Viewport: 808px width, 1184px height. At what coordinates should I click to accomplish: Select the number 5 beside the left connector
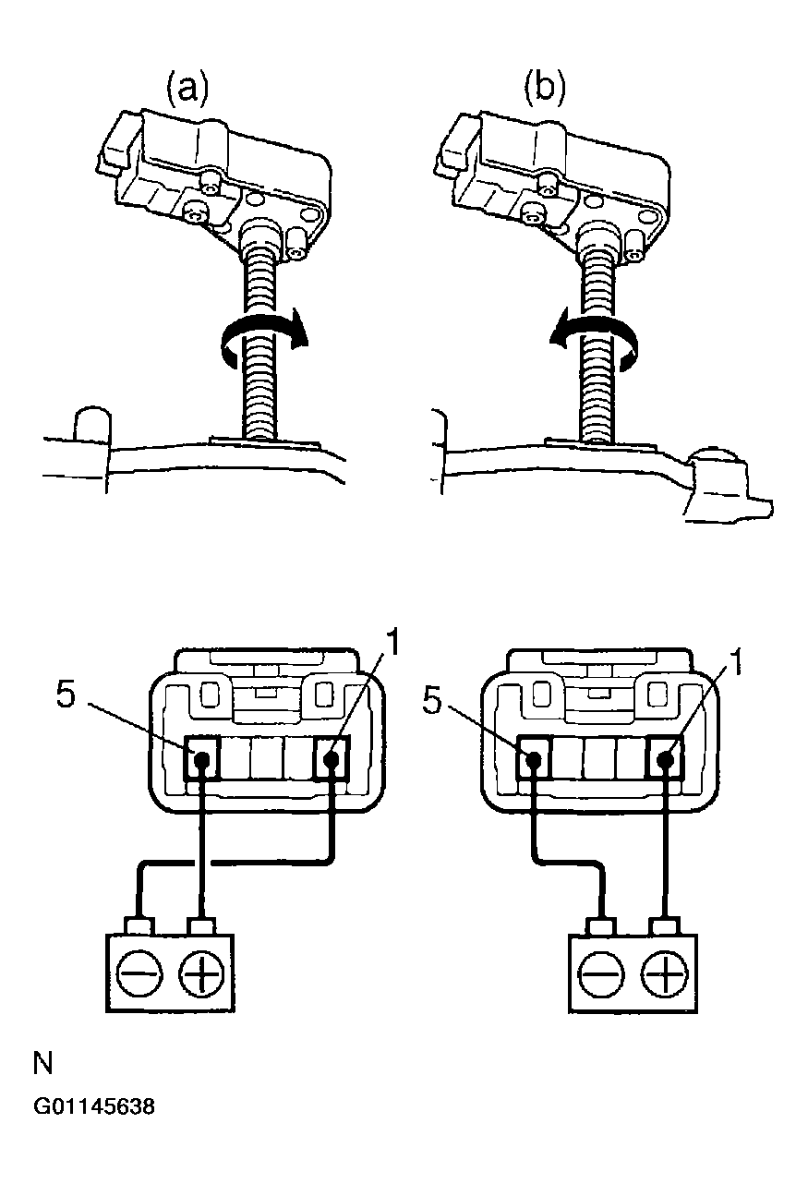pos(66,695)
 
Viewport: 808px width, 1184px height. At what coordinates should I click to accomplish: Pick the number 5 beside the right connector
pos(432,698)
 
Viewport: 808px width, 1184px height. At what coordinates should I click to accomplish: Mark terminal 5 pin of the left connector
pos(201,761)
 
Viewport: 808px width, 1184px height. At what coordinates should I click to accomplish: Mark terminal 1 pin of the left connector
pos(332,761)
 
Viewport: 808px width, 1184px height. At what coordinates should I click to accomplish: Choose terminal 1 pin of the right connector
pos(664,761)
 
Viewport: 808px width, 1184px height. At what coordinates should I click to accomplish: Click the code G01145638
pos(93,1106)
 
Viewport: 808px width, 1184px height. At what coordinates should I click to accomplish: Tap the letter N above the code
pos(42,1063)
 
